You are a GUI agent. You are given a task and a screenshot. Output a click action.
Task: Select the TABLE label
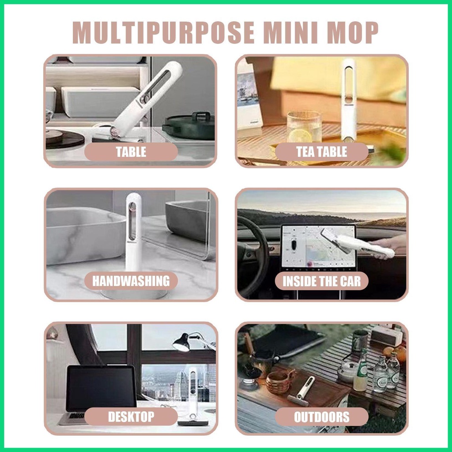pyautogui.click(x=131, y=152)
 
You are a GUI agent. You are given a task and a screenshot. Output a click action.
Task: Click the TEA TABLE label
pyautogui.click(x=321, y=152)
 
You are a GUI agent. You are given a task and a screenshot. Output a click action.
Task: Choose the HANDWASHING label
pyautogui.click(x=131, y=281)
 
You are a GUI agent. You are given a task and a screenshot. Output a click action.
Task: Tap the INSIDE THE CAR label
pyautogui.click(x=321, y=281)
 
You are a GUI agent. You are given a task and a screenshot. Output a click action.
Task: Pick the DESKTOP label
pyautogui.click(x=131, y=416)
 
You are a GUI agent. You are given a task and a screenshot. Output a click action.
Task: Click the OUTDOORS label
pyautogui.click(x=321, y=417)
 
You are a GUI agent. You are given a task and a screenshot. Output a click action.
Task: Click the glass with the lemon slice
pyautogui.click(x=304, y=127)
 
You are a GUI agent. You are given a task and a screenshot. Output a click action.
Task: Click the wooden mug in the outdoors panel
pyautogui.click(x=278, y=381)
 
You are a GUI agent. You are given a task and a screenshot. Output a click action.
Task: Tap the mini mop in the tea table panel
pyautogui.click(x=349, y=99)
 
